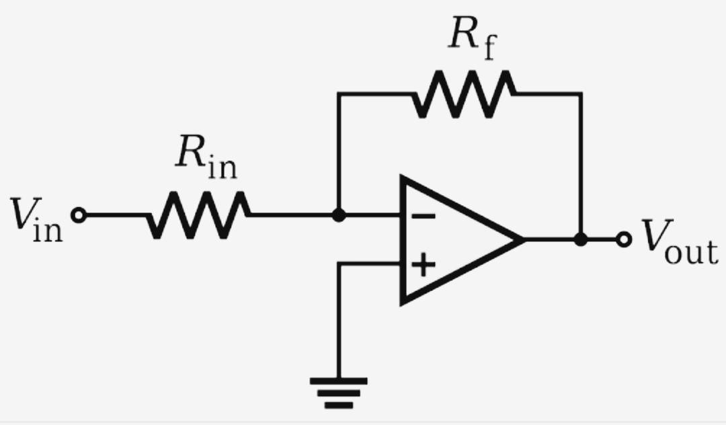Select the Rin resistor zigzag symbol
[199, 215]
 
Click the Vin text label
[37, 220]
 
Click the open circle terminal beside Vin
[78, 215]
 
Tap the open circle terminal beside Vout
[624, 239]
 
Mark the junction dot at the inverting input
[339, 215]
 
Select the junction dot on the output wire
[581, 239]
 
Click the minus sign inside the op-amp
[424, 216]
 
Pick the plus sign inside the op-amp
[424, 264]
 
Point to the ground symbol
[339, 393]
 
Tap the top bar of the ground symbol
[339, 381]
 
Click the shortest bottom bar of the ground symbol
[339, 405]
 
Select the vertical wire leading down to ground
[339, 320]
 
